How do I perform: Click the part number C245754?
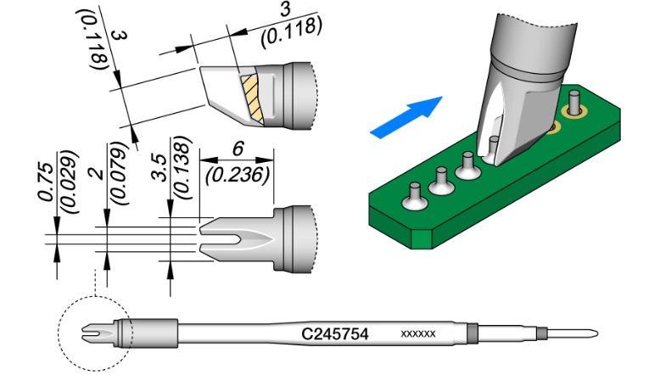pyautogui.click(x=334, y=333)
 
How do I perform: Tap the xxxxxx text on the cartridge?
pyautogui.click(x=418, y=333)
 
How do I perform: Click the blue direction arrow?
pyautogui.click(x=406, y=117)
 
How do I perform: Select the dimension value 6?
pyautogui.click(x=238, y=149)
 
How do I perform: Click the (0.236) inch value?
pyautogui.click(x=238, y=176)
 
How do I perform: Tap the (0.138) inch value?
pyautogui.click(x=182, y=168)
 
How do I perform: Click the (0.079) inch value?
pyautogui.click(x=120, y=173)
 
